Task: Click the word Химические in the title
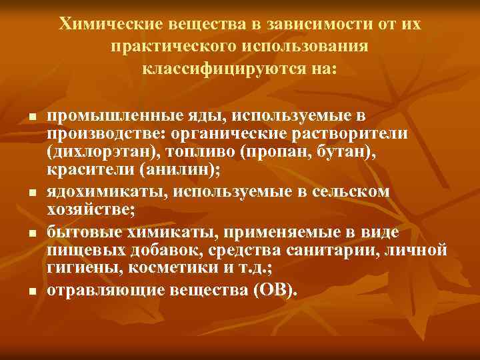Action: pyautogui.click(x=106, y=25)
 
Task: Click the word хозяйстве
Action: pyautogui.click(x=89, y=210)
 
